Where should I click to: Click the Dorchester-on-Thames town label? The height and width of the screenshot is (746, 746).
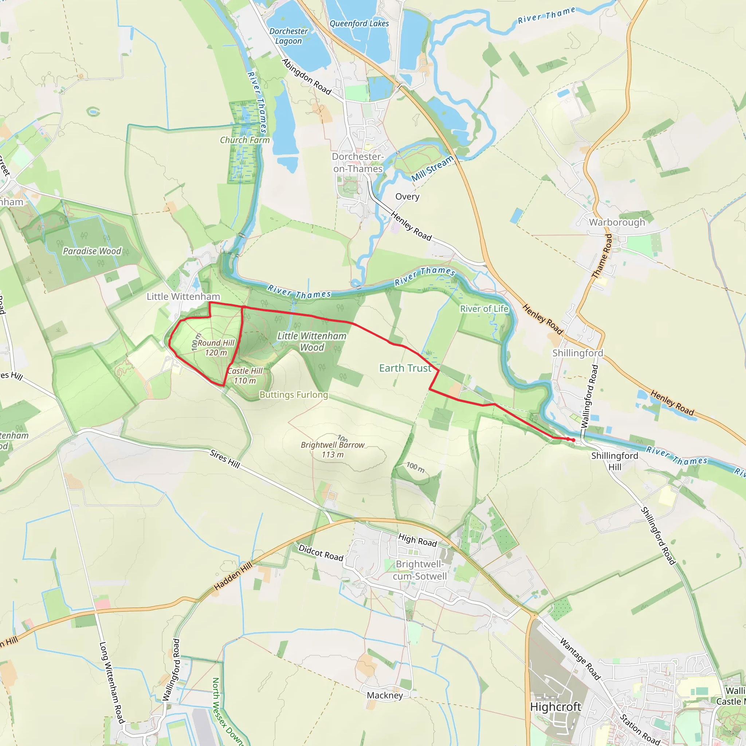(x=358, y=162)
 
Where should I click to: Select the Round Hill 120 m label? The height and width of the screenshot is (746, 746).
(x=216, y=348)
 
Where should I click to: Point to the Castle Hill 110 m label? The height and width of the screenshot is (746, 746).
(x=245, y=376)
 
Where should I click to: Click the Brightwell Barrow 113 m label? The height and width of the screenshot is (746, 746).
(x=333, y=449)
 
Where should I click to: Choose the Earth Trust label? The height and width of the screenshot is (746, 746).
(x=405, y=368)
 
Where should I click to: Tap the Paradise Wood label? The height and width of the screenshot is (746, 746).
(x=92, y=251)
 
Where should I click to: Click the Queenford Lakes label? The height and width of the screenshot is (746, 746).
(x=359, y=24)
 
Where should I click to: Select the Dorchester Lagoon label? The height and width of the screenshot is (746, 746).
(x=288, y=36)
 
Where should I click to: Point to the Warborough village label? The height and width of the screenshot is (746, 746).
(x=617, y=222)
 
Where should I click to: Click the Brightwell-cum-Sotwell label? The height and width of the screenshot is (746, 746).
(x=420, y=570)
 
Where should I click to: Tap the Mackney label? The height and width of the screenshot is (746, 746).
(x=385, y=695)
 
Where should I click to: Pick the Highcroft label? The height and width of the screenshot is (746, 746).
(x=555, y=707)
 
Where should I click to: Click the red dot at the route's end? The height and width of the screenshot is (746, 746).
(x=573, y=440)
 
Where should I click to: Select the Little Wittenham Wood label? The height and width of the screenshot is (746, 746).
(x=312, y=341)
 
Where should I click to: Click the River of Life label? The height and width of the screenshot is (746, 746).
(x=484, y=309)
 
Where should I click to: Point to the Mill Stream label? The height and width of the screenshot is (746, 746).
(x=432, y=168)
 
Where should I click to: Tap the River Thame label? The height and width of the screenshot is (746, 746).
(x=546, y=15)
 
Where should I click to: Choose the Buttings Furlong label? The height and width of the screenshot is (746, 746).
(x=294, y=394)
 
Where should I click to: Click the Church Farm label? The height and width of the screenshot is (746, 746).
(x=245, y=140)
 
